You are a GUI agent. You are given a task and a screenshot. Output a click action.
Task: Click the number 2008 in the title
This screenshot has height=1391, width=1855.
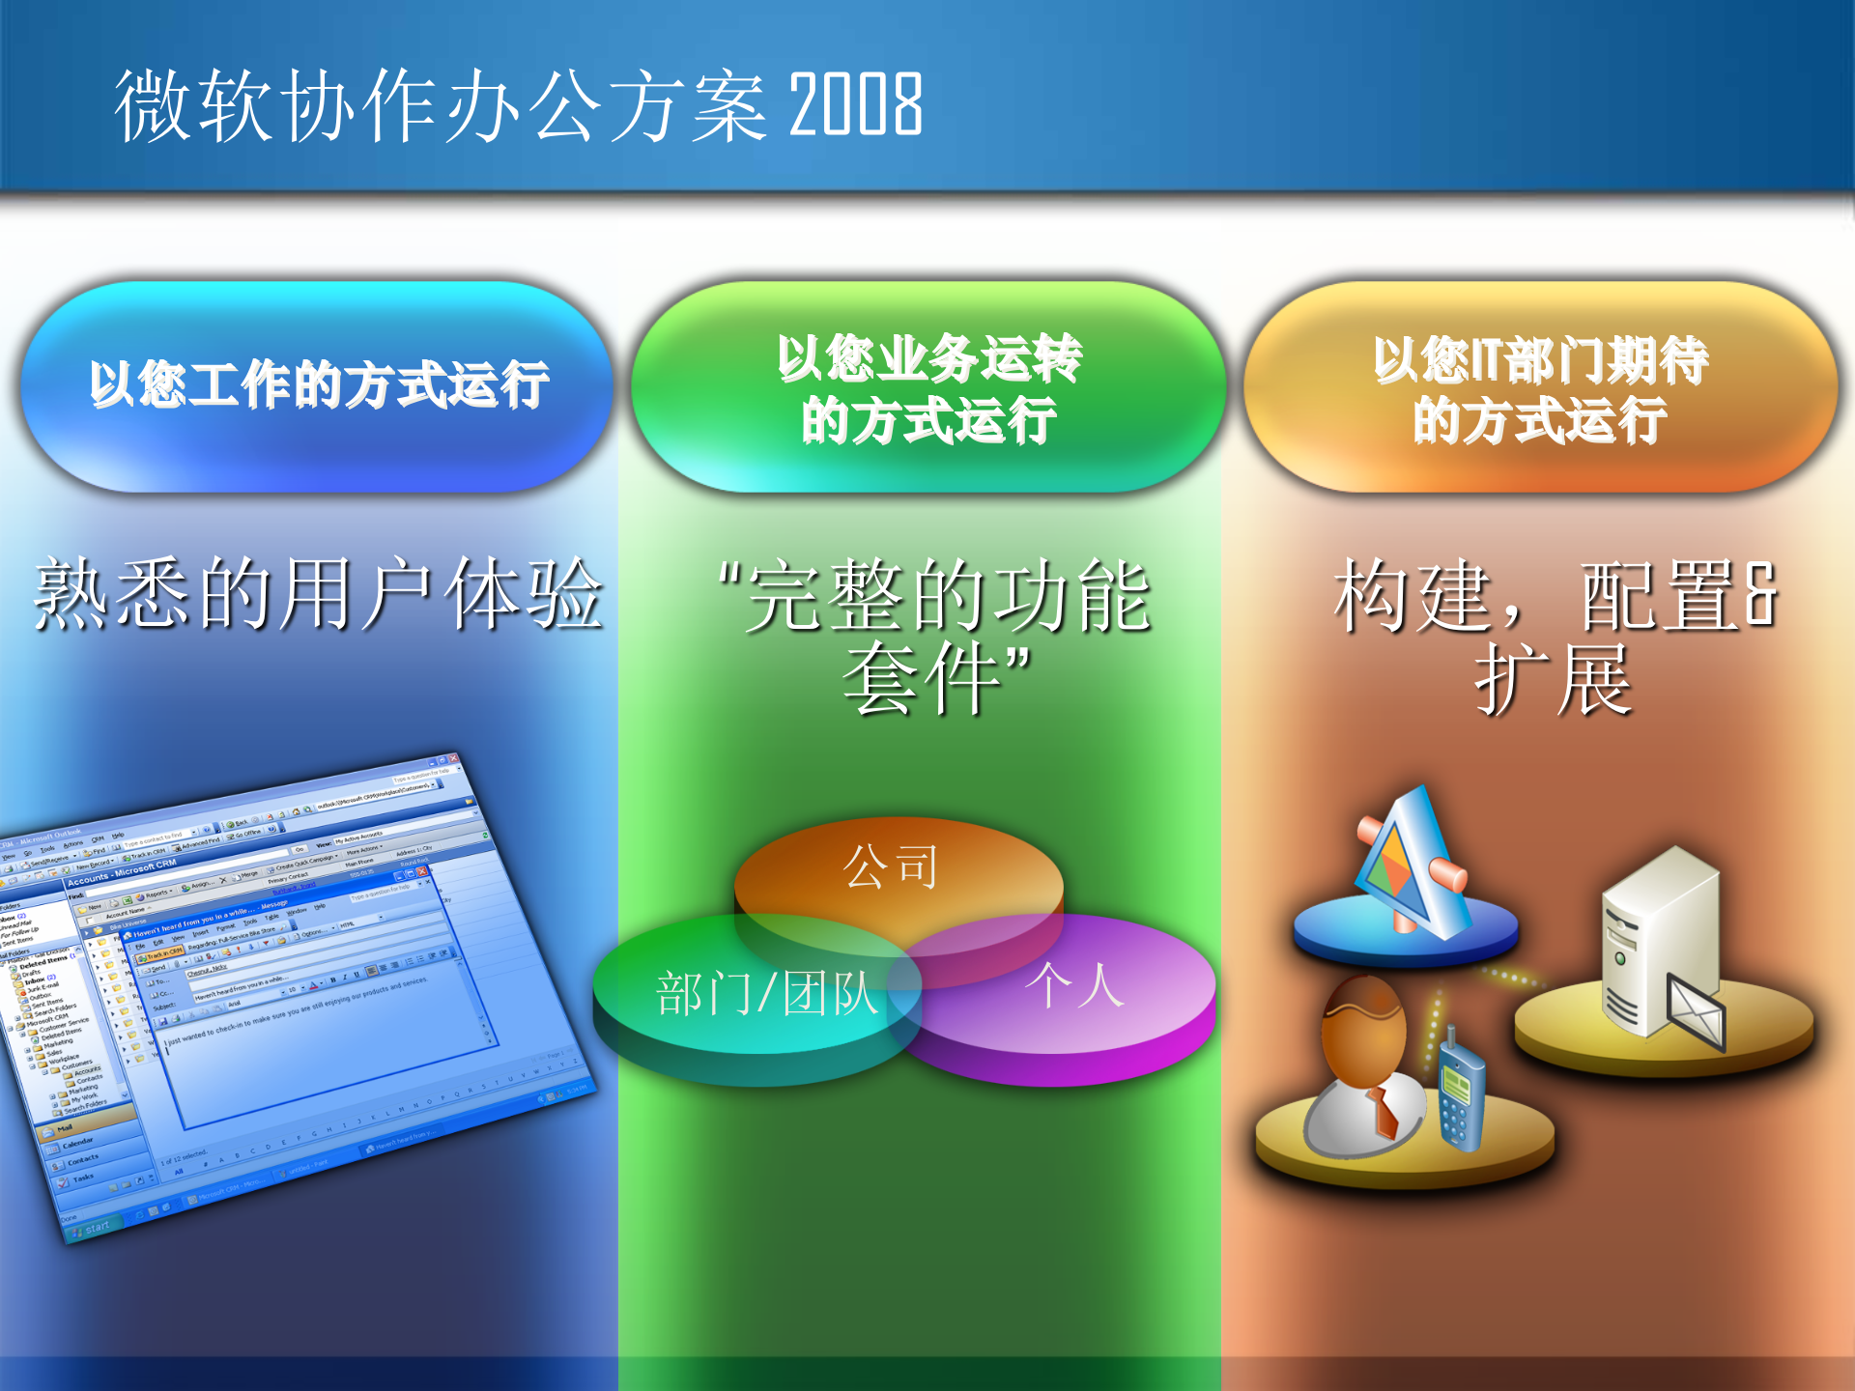coord(856,104)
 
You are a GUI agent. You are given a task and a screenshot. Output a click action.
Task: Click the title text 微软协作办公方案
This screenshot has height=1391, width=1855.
coord(441,106)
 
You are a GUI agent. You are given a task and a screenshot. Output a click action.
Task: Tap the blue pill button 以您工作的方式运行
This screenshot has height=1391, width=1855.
coord(319,386)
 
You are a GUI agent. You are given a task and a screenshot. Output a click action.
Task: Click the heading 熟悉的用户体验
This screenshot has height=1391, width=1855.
coord(319,595)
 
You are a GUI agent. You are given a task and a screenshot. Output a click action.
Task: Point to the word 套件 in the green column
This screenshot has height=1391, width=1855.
coord(923,680)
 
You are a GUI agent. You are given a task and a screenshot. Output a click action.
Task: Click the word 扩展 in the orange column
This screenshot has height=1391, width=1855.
coord(1554,682)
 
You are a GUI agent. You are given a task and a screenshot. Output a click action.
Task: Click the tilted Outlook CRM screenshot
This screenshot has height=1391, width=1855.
coord(290,995)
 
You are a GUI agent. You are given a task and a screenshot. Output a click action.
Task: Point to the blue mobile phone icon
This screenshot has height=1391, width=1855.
coord(1459,1096)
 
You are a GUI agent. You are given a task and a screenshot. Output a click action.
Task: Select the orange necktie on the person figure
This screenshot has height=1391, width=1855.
coord(1384,1111)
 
